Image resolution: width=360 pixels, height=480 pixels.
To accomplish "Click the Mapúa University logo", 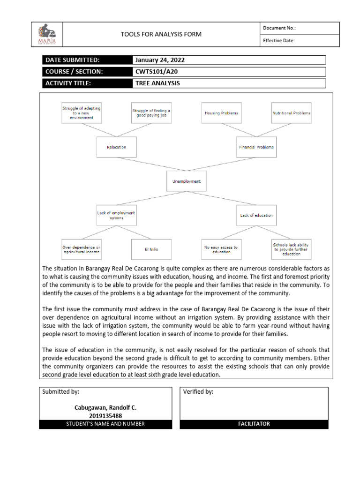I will click(46, 34).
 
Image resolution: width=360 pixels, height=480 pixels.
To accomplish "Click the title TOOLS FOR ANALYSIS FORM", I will click(161, 34).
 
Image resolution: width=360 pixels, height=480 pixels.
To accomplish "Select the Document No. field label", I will click(279, 28).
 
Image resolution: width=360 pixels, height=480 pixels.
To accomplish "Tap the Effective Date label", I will click(278, 40).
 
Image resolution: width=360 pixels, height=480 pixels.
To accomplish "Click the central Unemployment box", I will click(186, 181).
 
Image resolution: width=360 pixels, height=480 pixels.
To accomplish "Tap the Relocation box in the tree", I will click(116, 147).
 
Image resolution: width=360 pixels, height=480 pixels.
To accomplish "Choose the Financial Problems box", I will click(256, 147).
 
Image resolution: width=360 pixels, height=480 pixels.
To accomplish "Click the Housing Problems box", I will click(221, 113).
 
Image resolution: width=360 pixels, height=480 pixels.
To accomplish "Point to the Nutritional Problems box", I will click(291, 113).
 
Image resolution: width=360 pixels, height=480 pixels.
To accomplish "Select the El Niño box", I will click(151, 249).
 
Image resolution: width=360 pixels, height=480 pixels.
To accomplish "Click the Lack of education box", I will click(256, 215).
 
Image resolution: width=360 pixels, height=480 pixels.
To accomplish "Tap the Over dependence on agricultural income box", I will click(81, 249).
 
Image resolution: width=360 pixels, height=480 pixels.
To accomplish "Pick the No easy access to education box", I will click(221, 249).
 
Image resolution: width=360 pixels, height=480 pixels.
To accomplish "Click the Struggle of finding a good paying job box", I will click(151, 113).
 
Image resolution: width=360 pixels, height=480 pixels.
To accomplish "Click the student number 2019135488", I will click(105, 415).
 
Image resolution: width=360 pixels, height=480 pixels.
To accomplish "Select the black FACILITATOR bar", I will click(254, 424).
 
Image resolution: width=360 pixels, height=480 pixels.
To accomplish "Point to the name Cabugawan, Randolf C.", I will click(105, 407).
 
